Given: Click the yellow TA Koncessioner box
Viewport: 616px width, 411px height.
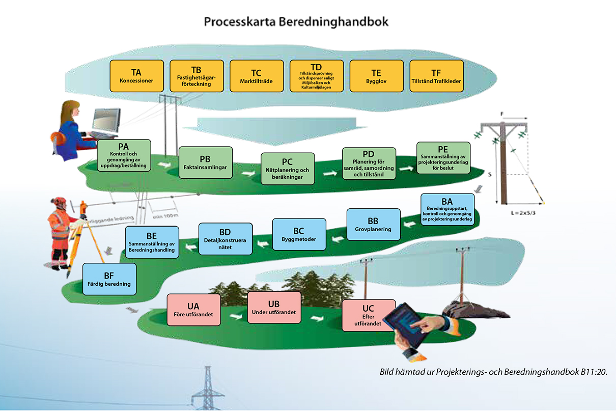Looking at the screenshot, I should coord(136,76).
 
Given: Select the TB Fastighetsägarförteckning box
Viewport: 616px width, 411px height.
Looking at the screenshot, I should coord(197,76).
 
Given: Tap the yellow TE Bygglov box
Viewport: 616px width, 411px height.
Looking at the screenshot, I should coord(376,76).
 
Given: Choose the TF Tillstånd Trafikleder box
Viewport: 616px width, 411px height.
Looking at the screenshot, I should coord(436,76).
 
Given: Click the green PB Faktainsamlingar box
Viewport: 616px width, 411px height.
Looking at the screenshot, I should coord(206,162).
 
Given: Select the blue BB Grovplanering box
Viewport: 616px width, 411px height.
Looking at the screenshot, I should coord(373,225).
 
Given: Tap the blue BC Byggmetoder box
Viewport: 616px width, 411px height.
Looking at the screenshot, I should coord(299,234).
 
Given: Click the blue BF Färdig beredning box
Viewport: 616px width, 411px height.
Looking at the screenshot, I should coord(109,279).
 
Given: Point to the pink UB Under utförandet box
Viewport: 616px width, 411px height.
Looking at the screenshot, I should coord(273,307).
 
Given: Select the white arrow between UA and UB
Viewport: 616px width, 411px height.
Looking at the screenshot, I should coord(235,316).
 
